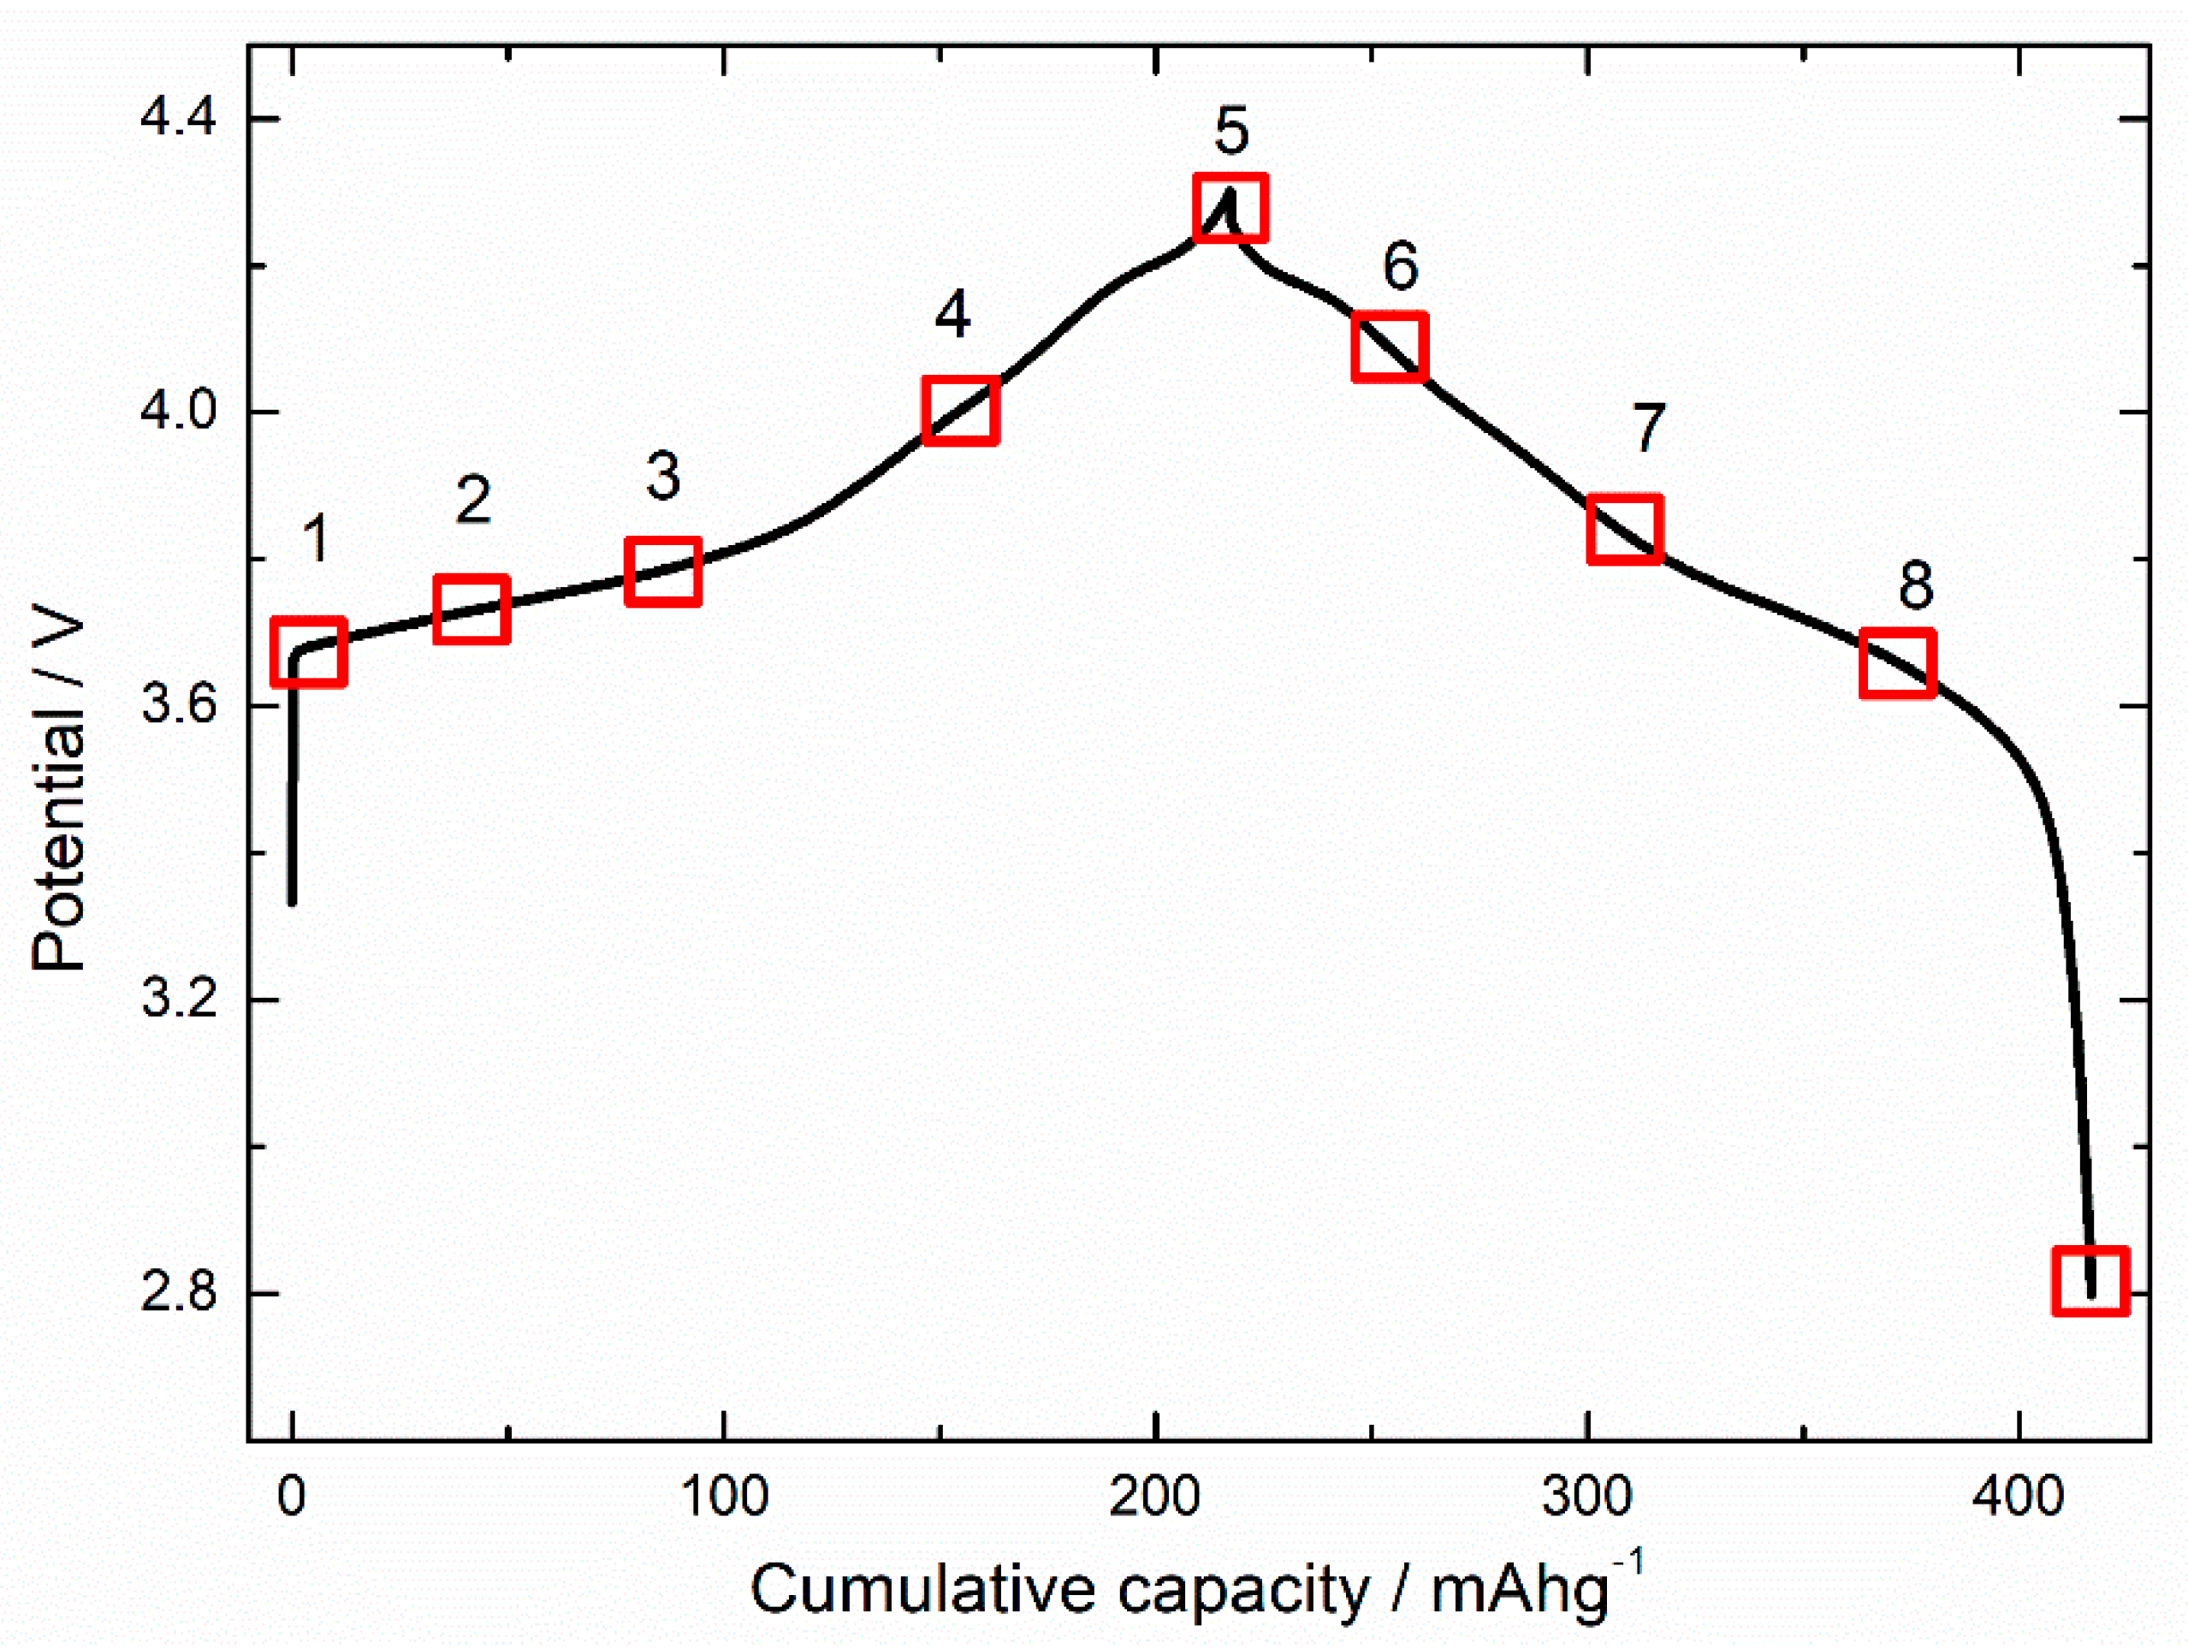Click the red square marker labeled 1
(x=309, y=652)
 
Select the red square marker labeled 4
(x=959, y=410)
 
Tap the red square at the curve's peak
(x=1230, y=207)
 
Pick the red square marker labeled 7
(x=1624, y=529)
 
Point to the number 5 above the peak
(x=1231, y=132)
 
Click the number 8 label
(x=1915, y=584)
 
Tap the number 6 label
(x=1400, y=265)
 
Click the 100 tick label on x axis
(x=724, y=1497)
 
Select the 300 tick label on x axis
(x=1586, y=1497)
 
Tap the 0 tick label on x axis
(x=291, y=1497)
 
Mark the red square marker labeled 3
(x=662, y=571)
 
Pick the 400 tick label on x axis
(x=2018, y=1497)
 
